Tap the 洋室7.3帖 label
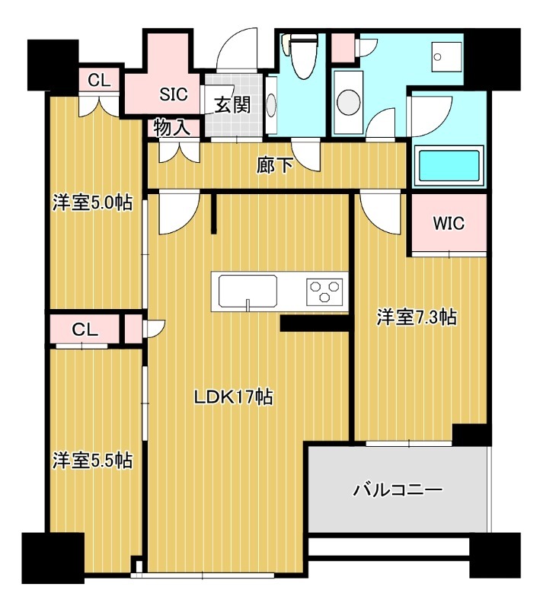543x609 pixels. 417,317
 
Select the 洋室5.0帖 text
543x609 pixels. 92,203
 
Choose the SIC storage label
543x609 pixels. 174,94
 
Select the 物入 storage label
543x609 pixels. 172,127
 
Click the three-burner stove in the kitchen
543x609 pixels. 324,291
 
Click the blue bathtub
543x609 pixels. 449,167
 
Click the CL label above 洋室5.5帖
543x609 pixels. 85,330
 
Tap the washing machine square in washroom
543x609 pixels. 440,55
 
